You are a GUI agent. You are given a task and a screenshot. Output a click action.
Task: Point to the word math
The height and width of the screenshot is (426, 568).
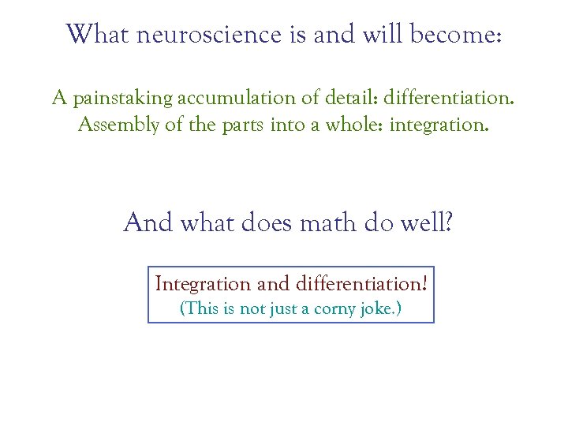329,223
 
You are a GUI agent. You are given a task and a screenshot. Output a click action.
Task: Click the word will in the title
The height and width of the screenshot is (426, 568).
371,35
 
